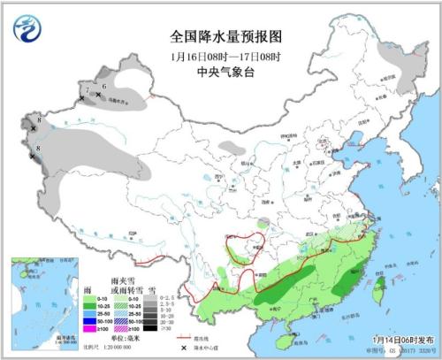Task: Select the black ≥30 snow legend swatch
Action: [x=153, y=328]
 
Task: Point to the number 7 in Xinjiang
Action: [x=86, y=90]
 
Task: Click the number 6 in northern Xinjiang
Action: [x=104, y=86]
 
